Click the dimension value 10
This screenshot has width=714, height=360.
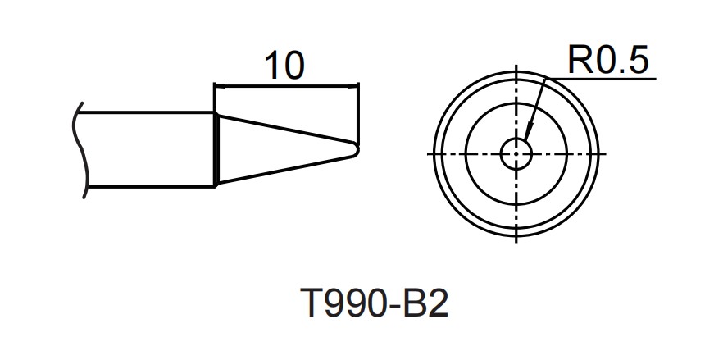coord(284,65)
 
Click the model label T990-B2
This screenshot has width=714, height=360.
coord(375,305)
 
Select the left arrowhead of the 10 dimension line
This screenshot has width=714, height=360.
coord(219,84)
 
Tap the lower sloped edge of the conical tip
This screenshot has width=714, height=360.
coord(287,169)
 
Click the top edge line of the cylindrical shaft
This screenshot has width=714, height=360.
coord(148,113)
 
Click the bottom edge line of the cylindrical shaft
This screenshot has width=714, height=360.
coord(148,186)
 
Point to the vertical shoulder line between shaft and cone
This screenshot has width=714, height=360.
coord(216,149)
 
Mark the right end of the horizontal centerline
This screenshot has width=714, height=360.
coord(604,154)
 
